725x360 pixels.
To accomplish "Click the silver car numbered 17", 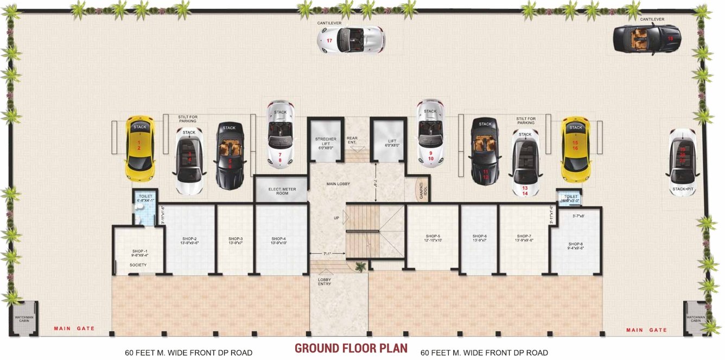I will (x=351, y=40).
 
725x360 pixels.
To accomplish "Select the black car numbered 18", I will (x=646, y=39).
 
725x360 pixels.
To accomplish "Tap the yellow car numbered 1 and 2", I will (x=140, y=148).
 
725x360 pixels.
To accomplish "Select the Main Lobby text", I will (x=338, y=184).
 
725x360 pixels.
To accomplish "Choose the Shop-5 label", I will (x=433, y=238).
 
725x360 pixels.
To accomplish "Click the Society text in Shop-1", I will (x=138, y=265).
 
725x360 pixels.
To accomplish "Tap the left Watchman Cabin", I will (x=23, y=318).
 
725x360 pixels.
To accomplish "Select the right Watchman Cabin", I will (x=695, y=318).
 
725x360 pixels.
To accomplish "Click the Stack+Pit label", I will (x=682, y=189).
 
